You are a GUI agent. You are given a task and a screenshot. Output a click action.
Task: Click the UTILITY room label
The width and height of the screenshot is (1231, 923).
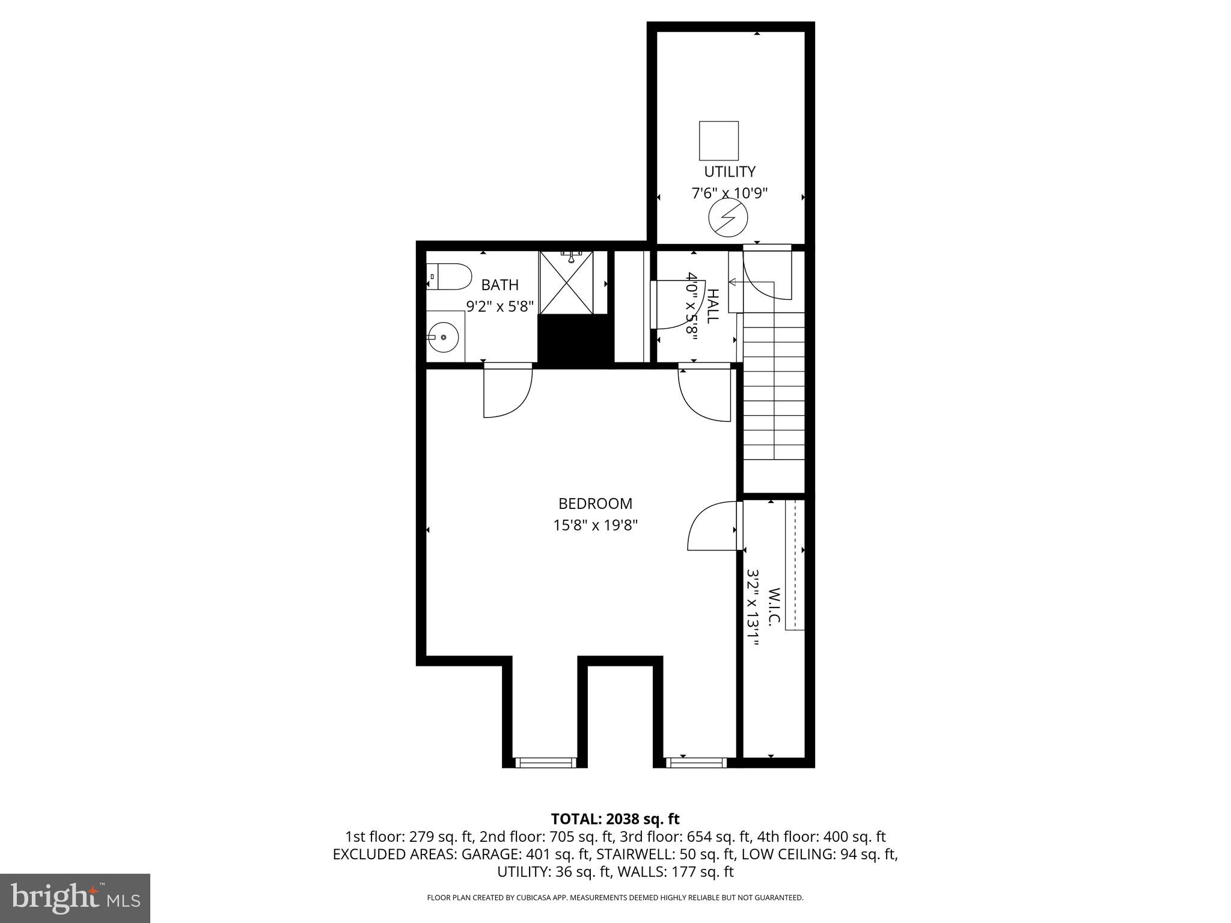[x=729, y=172]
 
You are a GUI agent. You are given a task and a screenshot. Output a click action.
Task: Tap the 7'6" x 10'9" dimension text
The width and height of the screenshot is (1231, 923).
[x=729, y=193]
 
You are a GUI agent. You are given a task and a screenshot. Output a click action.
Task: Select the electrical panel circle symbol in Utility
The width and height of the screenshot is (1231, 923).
[x=729, y=218]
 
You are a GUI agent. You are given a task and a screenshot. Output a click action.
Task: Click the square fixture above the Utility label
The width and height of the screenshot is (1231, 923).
[x=719, y=141]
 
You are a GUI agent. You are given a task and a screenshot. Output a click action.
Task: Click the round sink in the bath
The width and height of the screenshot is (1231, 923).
[x=444, y=337]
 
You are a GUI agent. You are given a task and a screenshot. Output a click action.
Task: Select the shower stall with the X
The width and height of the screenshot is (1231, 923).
[x=566, y=283]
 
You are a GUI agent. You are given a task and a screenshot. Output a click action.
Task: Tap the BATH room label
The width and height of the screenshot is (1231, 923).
[x=499, y=285]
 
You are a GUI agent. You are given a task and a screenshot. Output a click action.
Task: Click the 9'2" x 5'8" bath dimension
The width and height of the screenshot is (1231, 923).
[x=500, y=306]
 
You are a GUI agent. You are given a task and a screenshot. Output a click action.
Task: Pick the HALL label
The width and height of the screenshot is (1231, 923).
[x=712, y=306]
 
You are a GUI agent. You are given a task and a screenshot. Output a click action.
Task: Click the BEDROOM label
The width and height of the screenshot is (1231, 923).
[x=595, y=504]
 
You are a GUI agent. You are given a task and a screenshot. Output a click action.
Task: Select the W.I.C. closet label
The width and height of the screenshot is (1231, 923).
[x=774, y=608]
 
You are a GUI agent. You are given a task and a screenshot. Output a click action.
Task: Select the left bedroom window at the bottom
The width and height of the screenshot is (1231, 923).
[x=546, y=762]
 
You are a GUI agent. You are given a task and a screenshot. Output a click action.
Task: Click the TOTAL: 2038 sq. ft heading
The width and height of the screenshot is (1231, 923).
[x=615, y=818]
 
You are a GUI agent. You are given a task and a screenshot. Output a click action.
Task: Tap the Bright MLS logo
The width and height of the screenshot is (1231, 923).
[x=75, y=898]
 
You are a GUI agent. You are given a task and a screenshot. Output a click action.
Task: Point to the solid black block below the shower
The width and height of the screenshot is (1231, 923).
[x=575, y=340]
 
